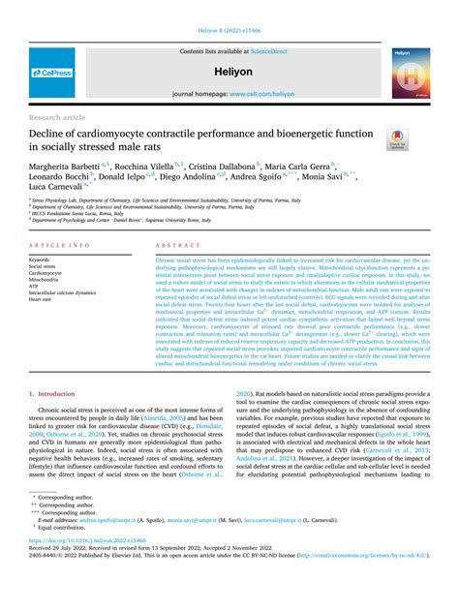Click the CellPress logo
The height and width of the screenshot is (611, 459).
[51, 73]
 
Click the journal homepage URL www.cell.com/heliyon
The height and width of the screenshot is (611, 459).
[256, 94]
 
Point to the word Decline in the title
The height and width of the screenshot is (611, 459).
[52, 132]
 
